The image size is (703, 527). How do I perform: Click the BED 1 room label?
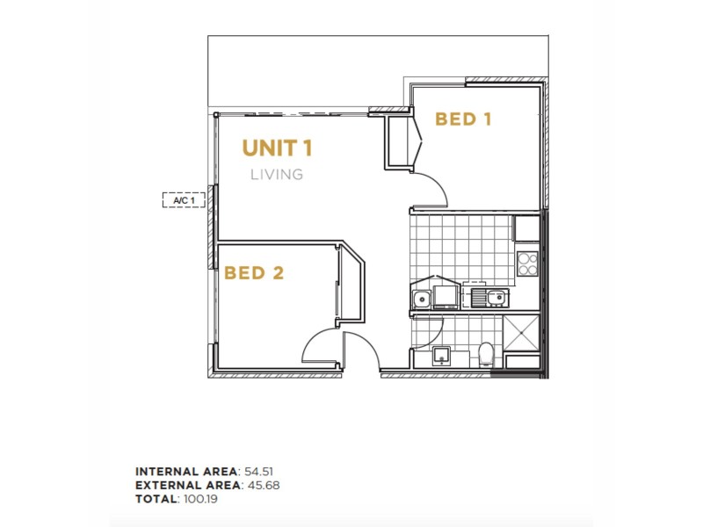pyautogui.click(x=463, y=119)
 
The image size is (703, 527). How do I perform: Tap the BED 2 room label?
pyautogui.click(x=253, y=273)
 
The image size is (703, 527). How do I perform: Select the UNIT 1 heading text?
pyautogui.click(x=278, y=148)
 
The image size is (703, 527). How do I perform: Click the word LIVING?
pyautogui.click(x=277, y=174)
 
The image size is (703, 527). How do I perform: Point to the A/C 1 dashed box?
pyautogui.click(x=184, y=200)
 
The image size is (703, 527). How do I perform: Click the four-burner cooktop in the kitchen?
pyautogui.click(x=527, y=263)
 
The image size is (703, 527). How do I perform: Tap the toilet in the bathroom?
pyautogui.click(x=485, y=356)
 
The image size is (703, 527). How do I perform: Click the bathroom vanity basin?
pyautogui.click(x=442, y=356)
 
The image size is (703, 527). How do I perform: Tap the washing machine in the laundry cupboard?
pyautogui.click(x=445, y=292)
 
